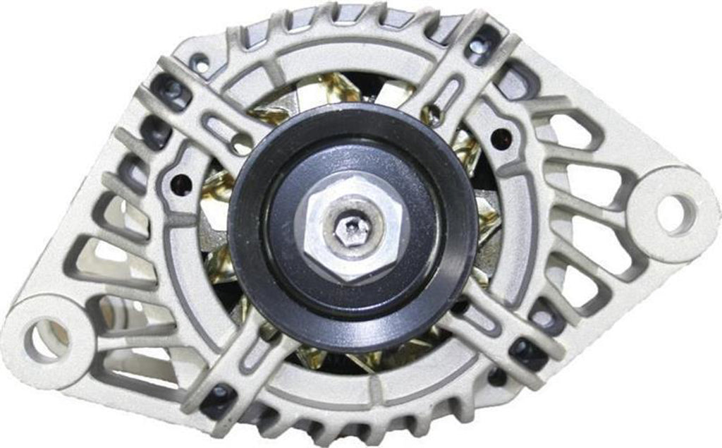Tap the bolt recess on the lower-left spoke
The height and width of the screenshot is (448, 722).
(218, 393)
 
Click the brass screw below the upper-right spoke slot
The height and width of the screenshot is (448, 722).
(435, 113)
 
